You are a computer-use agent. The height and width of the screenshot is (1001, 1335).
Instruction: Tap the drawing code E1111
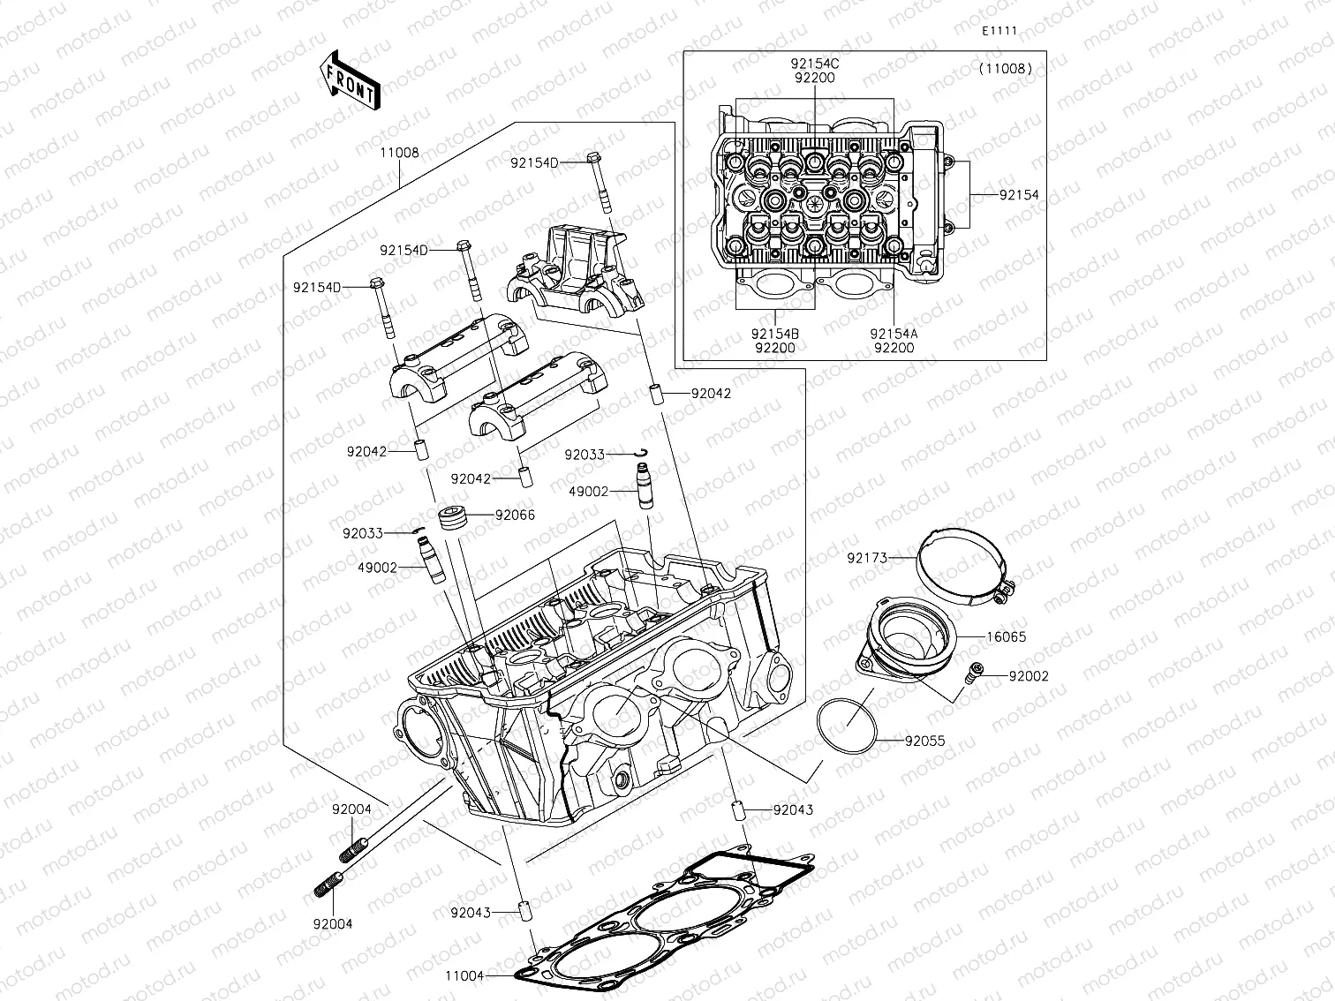point(1000,30)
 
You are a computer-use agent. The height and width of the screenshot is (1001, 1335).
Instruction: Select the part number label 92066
point(515,515)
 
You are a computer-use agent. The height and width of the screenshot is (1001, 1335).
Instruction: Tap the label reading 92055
point(924,741)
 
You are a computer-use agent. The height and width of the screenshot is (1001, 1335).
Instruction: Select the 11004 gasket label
point(464,975)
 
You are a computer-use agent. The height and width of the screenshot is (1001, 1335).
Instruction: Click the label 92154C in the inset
point(814,64)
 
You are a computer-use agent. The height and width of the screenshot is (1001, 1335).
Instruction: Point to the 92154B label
point(774,334)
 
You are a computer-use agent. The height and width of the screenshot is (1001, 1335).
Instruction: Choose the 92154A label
point(893,334)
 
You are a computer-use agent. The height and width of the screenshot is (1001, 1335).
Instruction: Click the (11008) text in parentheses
point(1005,68)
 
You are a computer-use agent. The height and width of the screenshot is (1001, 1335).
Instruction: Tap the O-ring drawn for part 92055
point(847,725)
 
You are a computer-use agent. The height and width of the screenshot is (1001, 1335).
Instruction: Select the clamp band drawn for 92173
point(962,565)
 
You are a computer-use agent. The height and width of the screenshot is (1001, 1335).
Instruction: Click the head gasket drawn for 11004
point(671,918)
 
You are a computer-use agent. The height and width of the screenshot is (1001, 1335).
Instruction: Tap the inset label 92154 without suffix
point(1019,195)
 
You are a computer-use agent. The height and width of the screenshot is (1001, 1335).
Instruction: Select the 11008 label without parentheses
point(399,152)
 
